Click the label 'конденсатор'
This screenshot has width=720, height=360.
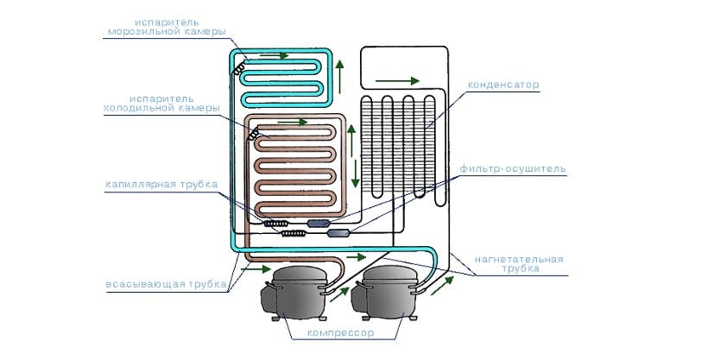503,85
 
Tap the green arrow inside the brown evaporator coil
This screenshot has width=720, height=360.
293,122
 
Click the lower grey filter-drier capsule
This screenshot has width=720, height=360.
338,232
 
